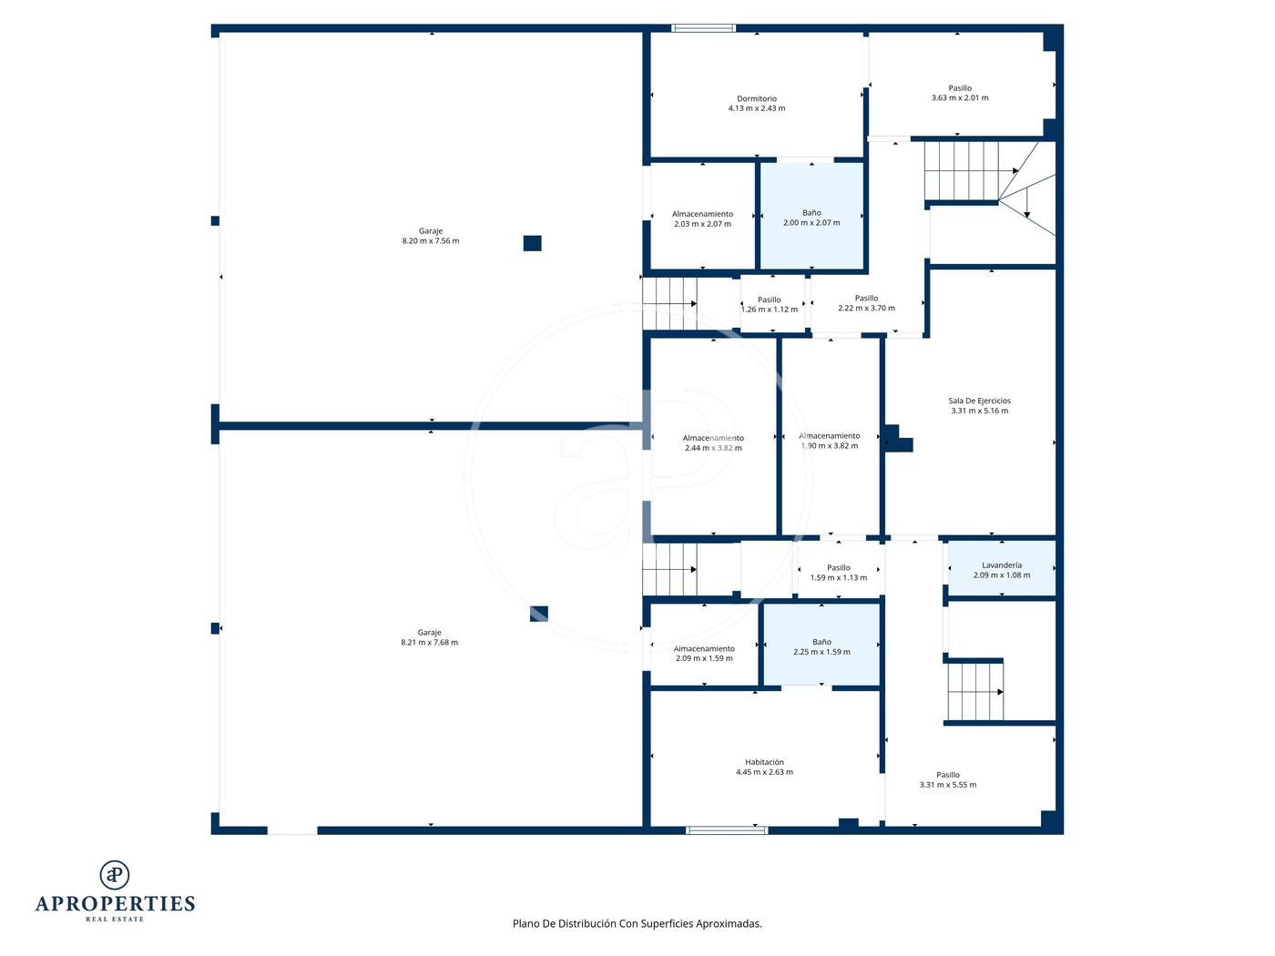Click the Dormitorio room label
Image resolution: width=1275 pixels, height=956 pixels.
756,98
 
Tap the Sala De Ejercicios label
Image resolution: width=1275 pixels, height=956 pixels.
979,401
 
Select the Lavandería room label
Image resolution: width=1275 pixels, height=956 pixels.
1002,564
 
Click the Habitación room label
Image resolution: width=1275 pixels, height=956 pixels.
764,762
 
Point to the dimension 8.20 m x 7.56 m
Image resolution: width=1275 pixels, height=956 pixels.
431,241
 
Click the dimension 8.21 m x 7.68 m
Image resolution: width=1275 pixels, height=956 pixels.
429,643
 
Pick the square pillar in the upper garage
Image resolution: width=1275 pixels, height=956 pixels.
532,243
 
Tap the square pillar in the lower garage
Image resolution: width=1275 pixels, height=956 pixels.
538,614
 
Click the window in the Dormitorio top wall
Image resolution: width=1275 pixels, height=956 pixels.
703,28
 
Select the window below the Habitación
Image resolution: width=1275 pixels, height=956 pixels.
727,830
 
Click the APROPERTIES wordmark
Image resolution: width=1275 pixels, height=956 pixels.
115,904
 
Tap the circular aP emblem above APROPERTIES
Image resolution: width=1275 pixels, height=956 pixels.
115,875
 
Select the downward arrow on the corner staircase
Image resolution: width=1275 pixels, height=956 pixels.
1026,203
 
